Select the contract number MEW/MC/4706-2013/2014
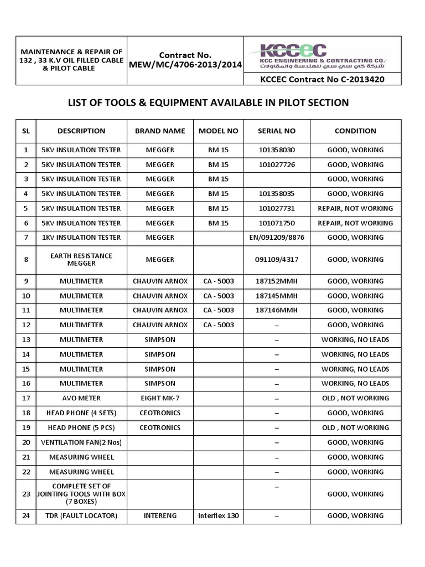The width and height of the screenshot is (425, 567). pyautogui.click(x=185, y=65)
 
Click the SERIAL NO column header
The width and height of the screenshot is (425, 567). pyautogui.click(x=277, y=131)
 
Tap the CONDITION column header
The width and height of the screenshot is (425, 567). pyautogui.click(x=355, y=131)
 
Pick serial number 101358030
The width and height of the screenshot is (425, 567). pyautogui.click(x=277, y=150)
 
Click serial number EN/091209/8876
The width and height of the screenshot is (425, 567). pyautogui.click(x=277, y=238)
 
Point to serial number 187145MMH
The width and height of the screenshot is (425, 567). pyautogui.click(x=277, y=296)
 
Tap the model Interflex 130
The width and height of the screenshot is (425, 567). pyautogui.click(x=218, y=516)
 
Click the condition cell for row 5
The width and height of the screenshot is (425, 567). pyautogui.click(x=355, y=209)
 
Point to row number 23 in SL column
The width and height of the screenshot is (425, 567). pyautogui.click(x=25, y=494)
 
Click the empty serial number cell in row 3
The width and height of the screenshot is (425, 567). pyautogui.click(x=277, y=179)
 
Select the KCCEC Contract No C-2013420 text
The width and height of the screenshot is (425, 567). pyautogui.click(x=322, y=79)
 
